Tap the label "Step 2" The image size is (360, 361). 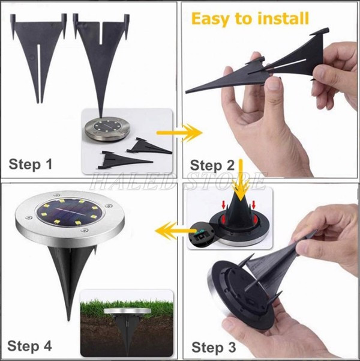[x=215, y=165]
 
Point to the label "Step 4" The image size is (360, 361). [x=30, y=345]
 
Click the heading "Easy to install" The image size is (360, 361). [x=250, y=19]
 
